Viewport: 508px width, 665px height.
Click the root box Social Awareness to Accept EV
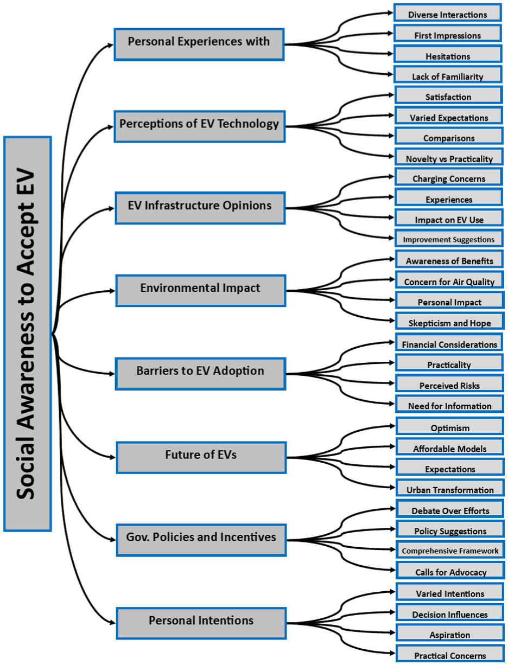(x=28, y=334)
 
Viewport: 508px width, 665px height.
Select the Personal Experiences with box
(x=199, y=44)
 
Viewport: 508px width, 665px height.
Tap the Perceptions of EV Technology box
(x=200, y=126)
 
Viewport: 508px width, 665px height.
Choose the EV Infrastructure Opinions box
(x=200, y=208)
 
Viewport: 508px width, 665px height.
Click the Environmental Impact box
(x=201, y=291)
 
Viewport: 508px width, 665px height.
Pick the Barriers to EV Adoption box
(x=201, y=374)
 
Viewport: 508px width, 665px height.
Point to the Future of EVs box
(x=201, y=457)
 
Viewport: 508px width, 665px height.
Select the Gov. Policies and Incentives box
(x=201, y=540)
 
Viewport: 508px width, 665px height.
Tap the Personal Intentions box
(x=201, y=623)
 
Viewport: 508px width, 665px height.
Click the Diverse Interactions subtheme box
(x=447, y=12)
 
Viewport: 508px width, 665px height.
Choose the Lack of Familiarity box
(x=448, y=74)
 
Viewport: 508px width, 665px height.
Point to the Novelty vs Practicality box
(x=449, y=156)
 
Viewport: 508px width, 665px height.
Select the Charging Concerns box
(x=449, y=177)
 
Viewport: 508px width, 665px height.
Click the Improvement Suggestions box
(x=449, y=238)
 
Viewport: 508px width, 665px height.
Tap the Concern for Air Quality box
(x=450, y=280)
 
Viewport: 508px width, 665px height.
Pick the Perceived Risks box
(x=450, y=383)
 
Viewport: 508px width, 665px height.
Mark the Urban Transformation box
(x=450, y=488)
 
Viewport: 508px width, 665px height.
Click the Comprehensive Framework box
(x=450, y=549)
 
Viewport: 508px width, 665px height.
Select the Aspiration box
(x=450, y=632)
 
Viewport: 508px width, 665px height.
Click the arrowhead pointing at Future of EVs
(x=113, y=457)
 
